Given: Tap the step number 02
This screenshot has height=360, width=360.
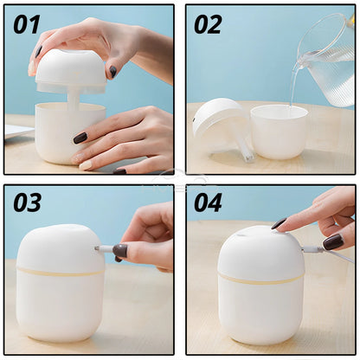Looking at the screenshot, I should click(208, 23).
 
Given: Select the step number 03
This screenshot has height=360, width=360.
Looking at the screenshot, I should click(27, 202).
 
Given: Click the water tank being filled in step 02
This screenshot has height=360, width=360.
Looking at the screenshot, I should click(279, 132).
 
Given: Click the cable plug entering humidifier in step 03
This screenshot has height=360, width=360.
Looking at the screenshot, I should click(104, 248).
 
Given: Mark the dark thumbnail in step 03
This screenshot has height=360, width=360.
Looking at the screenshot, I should click(119, 250).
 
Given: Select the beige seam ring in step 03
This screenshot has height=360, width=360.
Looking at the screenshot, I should click(61, 271).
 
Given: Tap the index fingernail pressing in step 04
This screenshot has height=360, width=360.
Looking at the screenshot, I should click(279, 223).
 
